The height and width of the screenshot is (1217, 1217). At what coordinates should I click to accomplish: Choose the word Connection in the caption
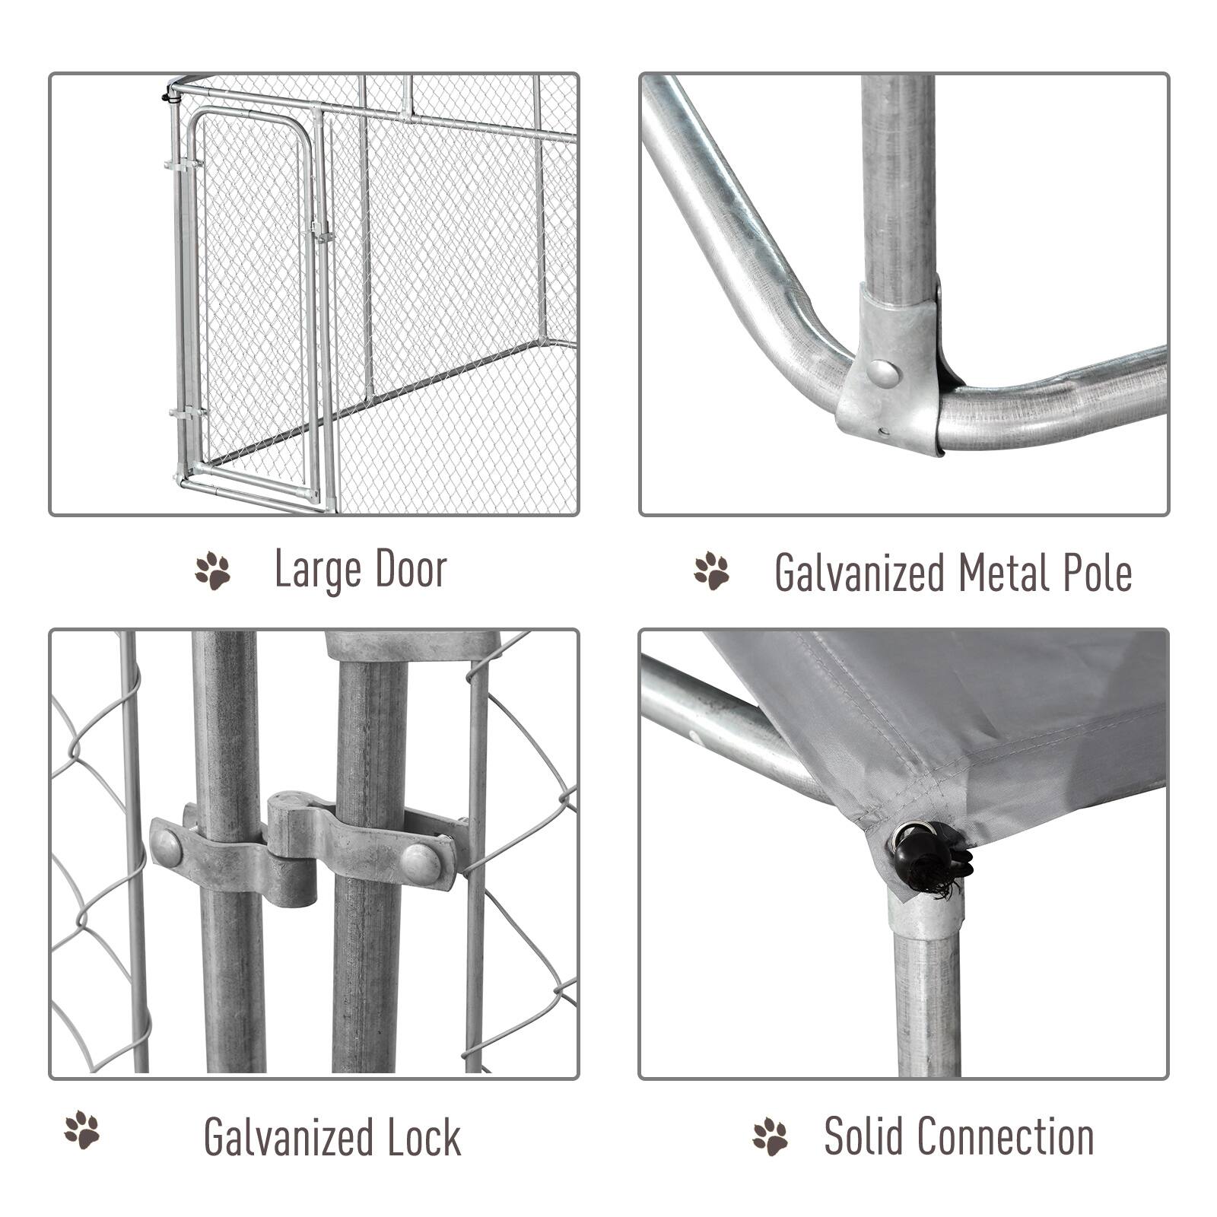(1009, 1136)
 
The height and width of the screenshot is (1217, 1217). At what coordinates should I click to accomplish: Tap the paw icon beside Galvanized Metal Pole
(711, 571)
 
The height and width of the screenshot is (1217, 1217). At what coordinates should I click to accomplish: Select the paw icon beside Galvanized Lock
(82, 1130)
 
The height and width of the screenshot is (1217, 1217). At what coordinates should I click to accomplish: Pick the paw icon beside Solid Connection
(771, 1137)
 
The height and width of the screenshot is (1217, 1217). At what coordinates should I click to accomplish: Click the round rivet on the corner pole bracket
(883, 373)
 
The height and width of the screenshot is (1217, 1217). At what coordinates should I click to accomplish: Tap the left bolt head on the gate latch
(166, 847)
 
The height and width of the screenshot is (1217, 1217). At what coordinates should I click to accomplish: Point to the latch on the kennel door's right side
(321, 233)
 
